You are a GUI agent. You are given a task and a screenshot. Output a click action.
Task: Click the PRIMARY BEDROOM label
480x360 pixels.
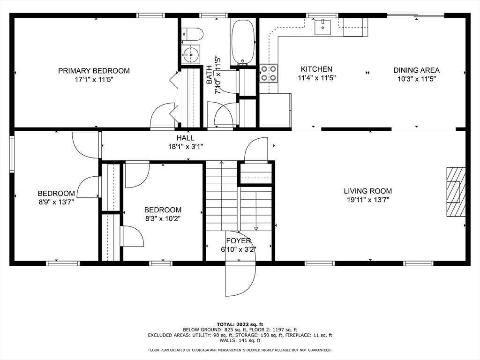click(94, 71)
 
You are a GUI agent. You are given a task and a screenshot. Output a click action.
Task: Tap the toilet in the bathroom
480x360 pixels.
click(192, 34)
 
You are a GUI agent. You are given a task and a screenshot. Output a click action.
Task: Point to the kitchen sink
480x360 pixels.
click(323, 27)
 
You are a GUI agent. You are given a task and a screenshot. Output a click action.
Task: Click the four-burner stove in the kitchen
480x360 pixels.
click(269, 74)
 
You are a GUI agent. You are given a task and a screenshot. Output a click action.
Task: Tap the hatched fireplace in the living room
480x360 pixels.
click(456, 192)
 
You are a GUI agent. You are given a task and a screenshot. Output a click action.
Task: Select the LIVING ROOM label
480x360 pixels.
click(367, 191)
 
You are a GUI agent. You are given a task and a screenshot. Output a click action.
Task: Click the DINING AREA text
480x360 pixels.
click(416, 70)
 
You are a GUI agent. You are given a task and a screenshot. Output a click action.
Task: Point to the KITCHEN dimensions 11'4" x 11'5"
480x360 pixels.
click(317, 78)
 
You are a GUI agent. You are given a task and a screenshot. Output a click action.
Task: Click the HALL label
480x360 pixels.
click(185, 138)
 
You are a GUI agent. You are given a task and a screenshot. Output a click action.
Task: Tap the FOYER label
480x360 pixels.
click(239, 240)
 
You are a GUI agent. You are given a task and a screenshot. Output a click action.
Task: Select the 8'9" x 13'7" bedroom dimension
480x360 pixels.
click(56, 202)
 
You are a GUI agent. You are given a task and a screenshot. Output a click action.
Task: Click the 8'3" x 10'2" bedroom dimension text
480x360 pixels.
click(163, 218)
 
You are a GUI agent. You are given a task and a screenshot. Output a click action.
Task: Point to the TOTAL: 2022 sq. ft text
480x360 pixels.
click(240, 324)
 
